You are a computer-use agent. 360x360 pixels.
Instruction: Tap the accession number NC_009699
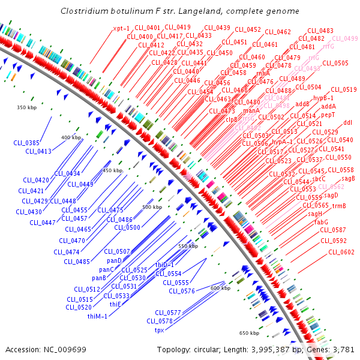click(x=67, y=349)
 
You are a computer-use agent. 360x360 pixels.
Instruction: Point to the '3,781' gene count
click(x=343, y=349)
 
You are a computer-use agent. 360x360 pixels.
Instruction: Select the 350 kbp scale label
click(x=26, y=107)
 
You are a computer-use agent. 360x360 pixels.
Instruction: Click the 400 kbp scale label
click(x=71, y=137)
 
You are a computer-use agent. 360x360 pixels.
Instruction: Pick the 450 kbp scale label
click(x=112, y=170)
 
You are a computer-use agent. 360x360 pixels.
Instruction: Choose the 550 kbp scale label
click(x=188, y=246)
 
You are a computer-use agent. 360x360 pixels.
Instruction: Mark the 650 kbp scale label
click(x=249, y=332)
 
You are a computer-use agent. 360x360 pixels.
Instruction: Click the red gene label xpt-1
click(x=121, y=28)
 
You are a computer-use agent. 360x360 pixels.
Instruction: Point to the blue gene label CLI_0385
click(x=26, y=143)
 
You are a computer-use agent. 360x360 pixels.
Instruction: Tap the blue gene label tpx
click(x=160, y=330)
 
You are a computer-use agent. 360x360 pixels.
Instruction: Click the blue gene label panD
click(x=114, y=260)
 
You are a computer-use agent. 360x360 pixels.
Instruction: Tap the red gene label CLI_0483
click(x=320, y=31)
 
